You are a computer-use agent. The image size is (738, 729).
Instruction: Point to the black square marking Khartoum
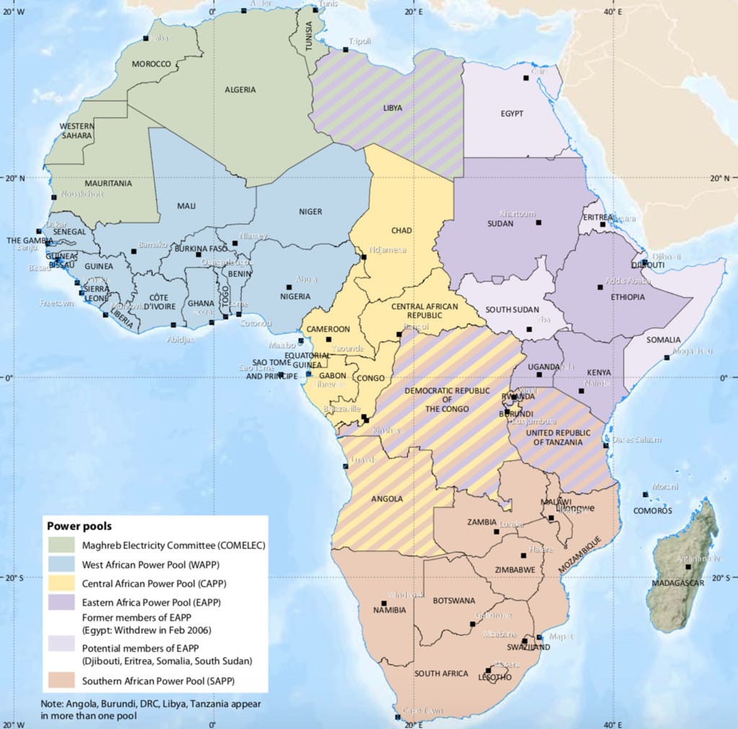pos(538,223)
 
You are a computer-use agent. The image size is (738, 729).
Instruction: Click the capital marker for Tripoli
pos(345,50)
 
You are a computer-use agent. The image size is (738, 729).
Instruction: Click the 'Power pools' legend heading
pos(79,526)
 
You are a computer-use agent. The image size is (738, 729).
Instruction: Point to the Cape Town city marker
pos(399,717)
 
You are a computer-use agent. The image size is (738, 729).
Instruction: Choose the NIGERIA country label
pos(295,296)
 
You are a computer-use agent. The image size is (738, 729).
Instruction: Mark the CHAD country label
pos(401,231)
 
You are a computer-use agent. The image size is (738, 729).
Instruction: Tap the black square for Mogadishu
pos(667,358)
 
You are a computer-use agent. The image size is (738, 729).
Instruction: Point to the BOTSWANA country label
pos(453,600)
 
